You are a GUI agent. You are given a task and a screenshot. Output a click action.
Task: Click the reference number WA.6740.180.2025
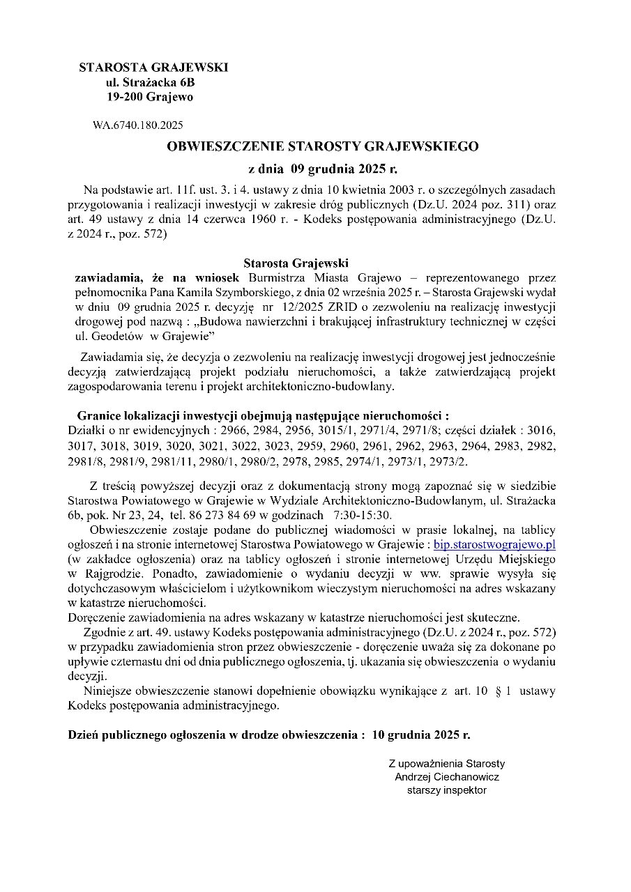[137, 125]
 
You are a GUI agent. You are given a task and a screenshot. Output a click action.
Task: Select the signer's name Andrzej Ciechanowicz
[446, 776]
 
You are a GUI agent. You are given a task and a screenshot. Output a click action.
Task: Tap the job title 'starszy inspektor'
[446, 790]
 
